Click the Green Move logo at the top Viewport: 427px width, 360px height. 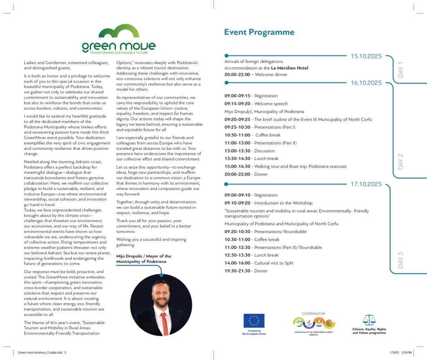click(118, 40)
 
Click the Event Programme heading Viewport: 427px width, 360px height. click(259, 32)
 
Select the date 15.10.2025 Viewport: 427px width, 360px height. click(366, 56)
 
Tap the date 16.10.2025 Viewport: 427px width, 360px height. click(366, 83)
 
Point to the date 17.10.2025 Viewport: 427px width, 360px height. click(366, 184)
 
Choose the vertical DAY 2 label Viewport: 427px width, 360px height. click(401, 161)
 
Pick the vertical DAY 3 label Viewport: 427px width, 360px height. click(401, 260)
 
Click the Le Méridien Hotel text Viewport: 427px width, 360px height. click(289, 68)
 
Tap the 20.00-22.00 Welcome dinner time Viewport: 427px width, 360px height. click(237, 75)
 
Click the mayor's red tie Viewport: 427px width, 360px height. click(164, 323)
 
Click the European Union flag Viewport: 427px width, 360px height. click(254, 320)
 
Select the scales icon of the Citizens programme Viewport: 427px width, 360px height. click(369, 320)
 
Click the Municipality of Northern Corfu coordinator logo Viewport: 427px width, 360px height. click(314, 323)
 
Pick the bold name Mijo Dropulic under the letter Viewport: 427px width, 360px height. click(128, 256)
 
